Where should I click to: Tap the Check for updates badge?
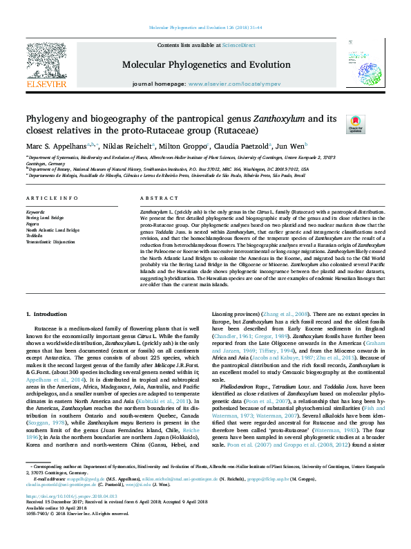[x=374, y=124]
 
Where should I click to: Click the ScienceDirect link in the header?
[x=238, y=44]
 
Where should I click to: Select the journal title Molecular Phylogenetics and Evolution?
[x=206, y=65]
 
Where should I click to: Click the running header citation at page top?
[x=205, y=28]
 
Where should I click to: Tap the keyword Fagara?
[x=35, y=223]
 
